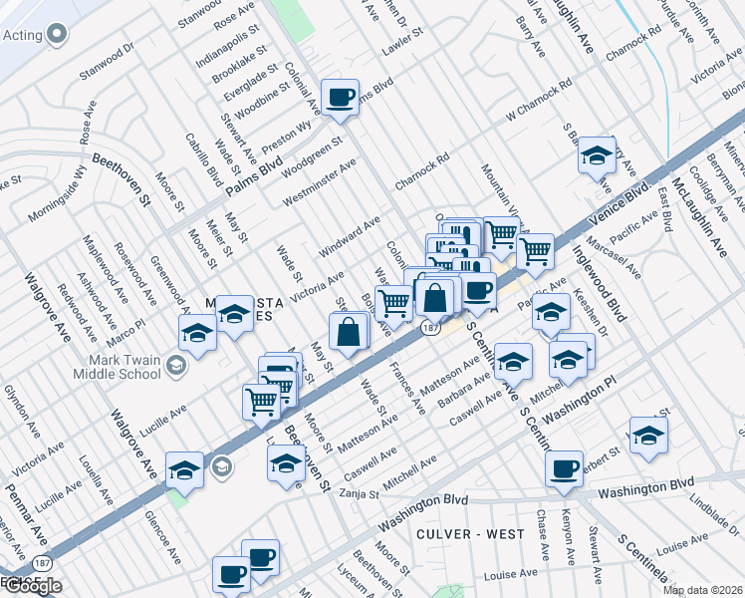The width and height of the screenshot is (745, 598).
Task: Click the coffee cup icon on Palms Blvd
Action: pyautogui.click(x=341, y=98)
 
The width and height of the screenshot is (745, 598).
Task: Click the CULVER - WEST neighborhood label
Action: pyautogui.click(x=471, y=534)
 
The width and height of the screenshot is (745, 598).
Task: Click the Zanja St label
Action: pyautogui.click(x=360, y=493)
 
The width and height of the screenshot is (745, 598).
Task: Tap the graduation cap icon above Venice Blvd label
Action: pyautogui.click(x=597, y=156)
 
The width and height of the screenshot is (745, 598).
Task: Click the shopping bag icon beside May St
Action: pyautogui.click(x=349, y=333)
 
